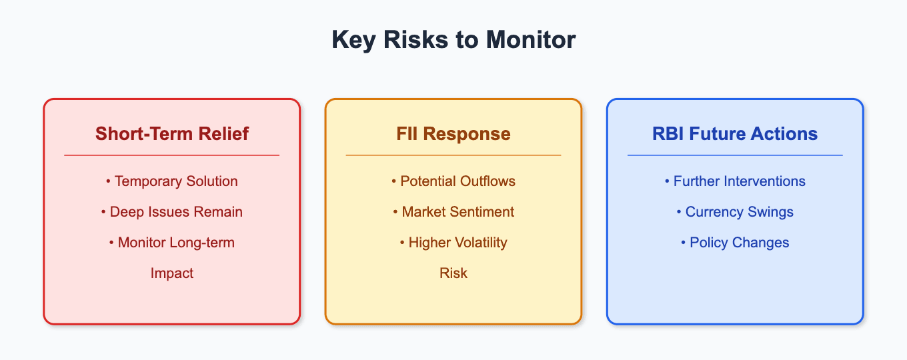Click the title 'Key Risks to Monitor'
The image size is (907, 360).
click(x=453, y=40)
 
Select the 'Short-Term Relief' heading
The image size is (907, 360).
click(x=172, y=133)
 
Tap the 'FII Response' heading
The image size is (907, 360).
click(x=453, y=134)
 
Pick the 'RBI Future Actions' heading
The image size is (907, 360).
click(x=735, y=133)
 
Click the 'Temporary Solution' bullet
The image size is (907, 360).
click(x=172, y=181)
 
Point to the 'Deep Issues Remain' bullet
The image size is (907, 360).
click(x=172, y=212)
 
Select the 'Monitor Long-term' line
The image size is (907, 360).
click(x=172, y=243)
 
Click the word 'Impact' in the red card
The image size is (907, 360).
click(x=172, y=273)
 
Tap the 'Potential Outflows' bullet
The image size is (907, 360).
click(x=453, y=181)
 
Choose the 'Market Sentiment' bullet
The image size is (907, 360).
click(x=453, y=212)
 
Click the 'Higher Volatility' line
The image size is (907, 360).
click(x=453, y=243)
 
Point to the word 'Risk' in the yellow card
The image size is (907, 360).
click(x=453, y=273)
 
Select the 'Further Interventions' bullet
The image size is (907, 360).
click(x=735, y=181)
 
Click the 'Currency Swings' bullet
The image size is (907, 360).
click(x=735, y=212)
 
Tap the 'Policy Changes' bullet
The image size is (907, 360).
click(x=735, y=243)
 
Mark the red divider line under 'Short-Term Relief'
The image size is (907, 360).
click(x=171, y=155)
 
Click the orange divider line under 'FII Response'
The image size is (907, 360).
click(x=453, y=155)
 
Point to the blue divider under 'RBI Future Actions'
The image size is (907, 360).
click(x=735, y=155)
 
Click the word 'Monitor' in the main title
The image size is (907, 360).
click(x=530, y=40)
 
